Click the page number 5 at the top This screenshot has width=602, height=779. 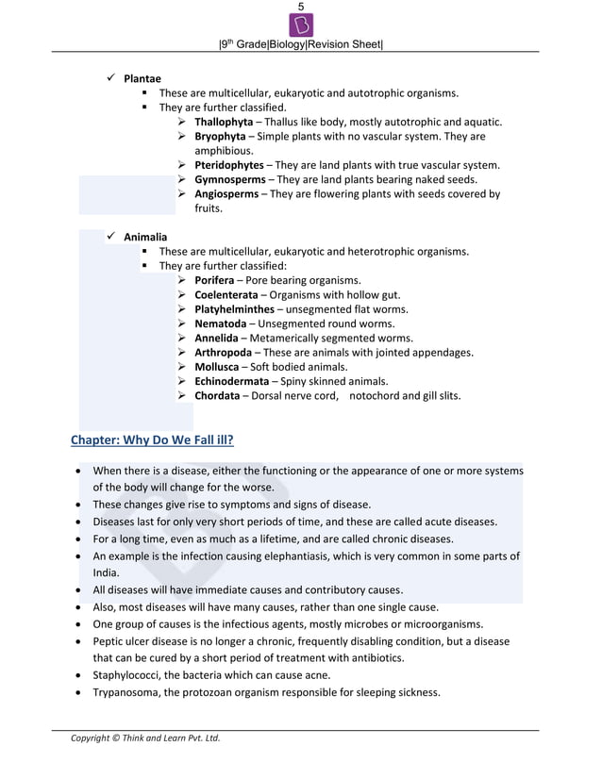click(301, 7)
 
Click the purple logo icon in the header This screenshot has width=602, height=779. click(301, 25)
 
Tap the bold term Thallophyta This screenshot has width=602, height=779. click(224, 122)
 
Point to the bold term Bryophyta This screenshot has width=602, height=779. click(222, 137)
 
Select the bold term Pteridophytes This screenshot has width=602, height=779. click(229, 165)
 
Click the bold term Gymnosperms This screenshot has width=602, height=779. click(228, 179)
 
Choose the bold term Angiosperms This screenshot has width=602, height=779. click(226, 194)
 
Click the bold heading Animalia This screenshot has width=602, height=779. click(145, 237)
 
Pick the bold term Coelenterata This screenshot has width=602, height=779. click(227, 295)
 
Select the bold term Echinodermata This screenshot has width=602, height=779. click(232, 381)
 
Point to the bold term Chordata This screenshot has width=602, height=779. click(217, 396)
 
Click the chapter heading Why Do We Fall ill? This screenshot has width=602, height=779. click(153, 440)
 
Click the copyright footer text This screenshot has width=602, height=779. click(145, 738)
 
